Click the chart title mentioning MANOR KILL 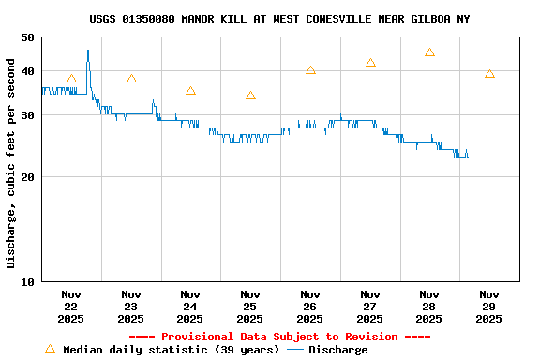279,19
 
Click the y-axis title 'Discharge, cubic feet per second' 11,163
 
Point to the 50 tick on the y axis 25,37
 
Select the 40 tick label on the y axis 25,71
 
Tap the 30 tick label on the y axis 25,114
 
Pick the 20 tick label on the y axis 25,176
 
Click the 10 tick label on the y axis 25,281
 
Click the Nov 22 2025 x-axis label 71,306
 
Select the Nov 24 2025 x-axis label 190,306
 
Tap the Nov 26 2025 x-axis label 309,306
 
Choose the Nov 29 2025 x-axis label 488,306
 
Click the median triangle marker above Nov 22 71,79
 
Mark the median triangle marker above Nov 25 250,95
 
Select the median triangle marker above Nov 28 429,52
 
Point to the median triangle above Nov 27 370,63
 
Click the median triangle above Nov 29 489,74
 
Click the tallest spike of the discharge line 88,52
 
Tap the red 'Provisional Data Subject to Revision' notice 279,337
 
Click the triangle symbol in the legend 50,349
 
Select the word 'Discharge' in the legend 337,350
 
